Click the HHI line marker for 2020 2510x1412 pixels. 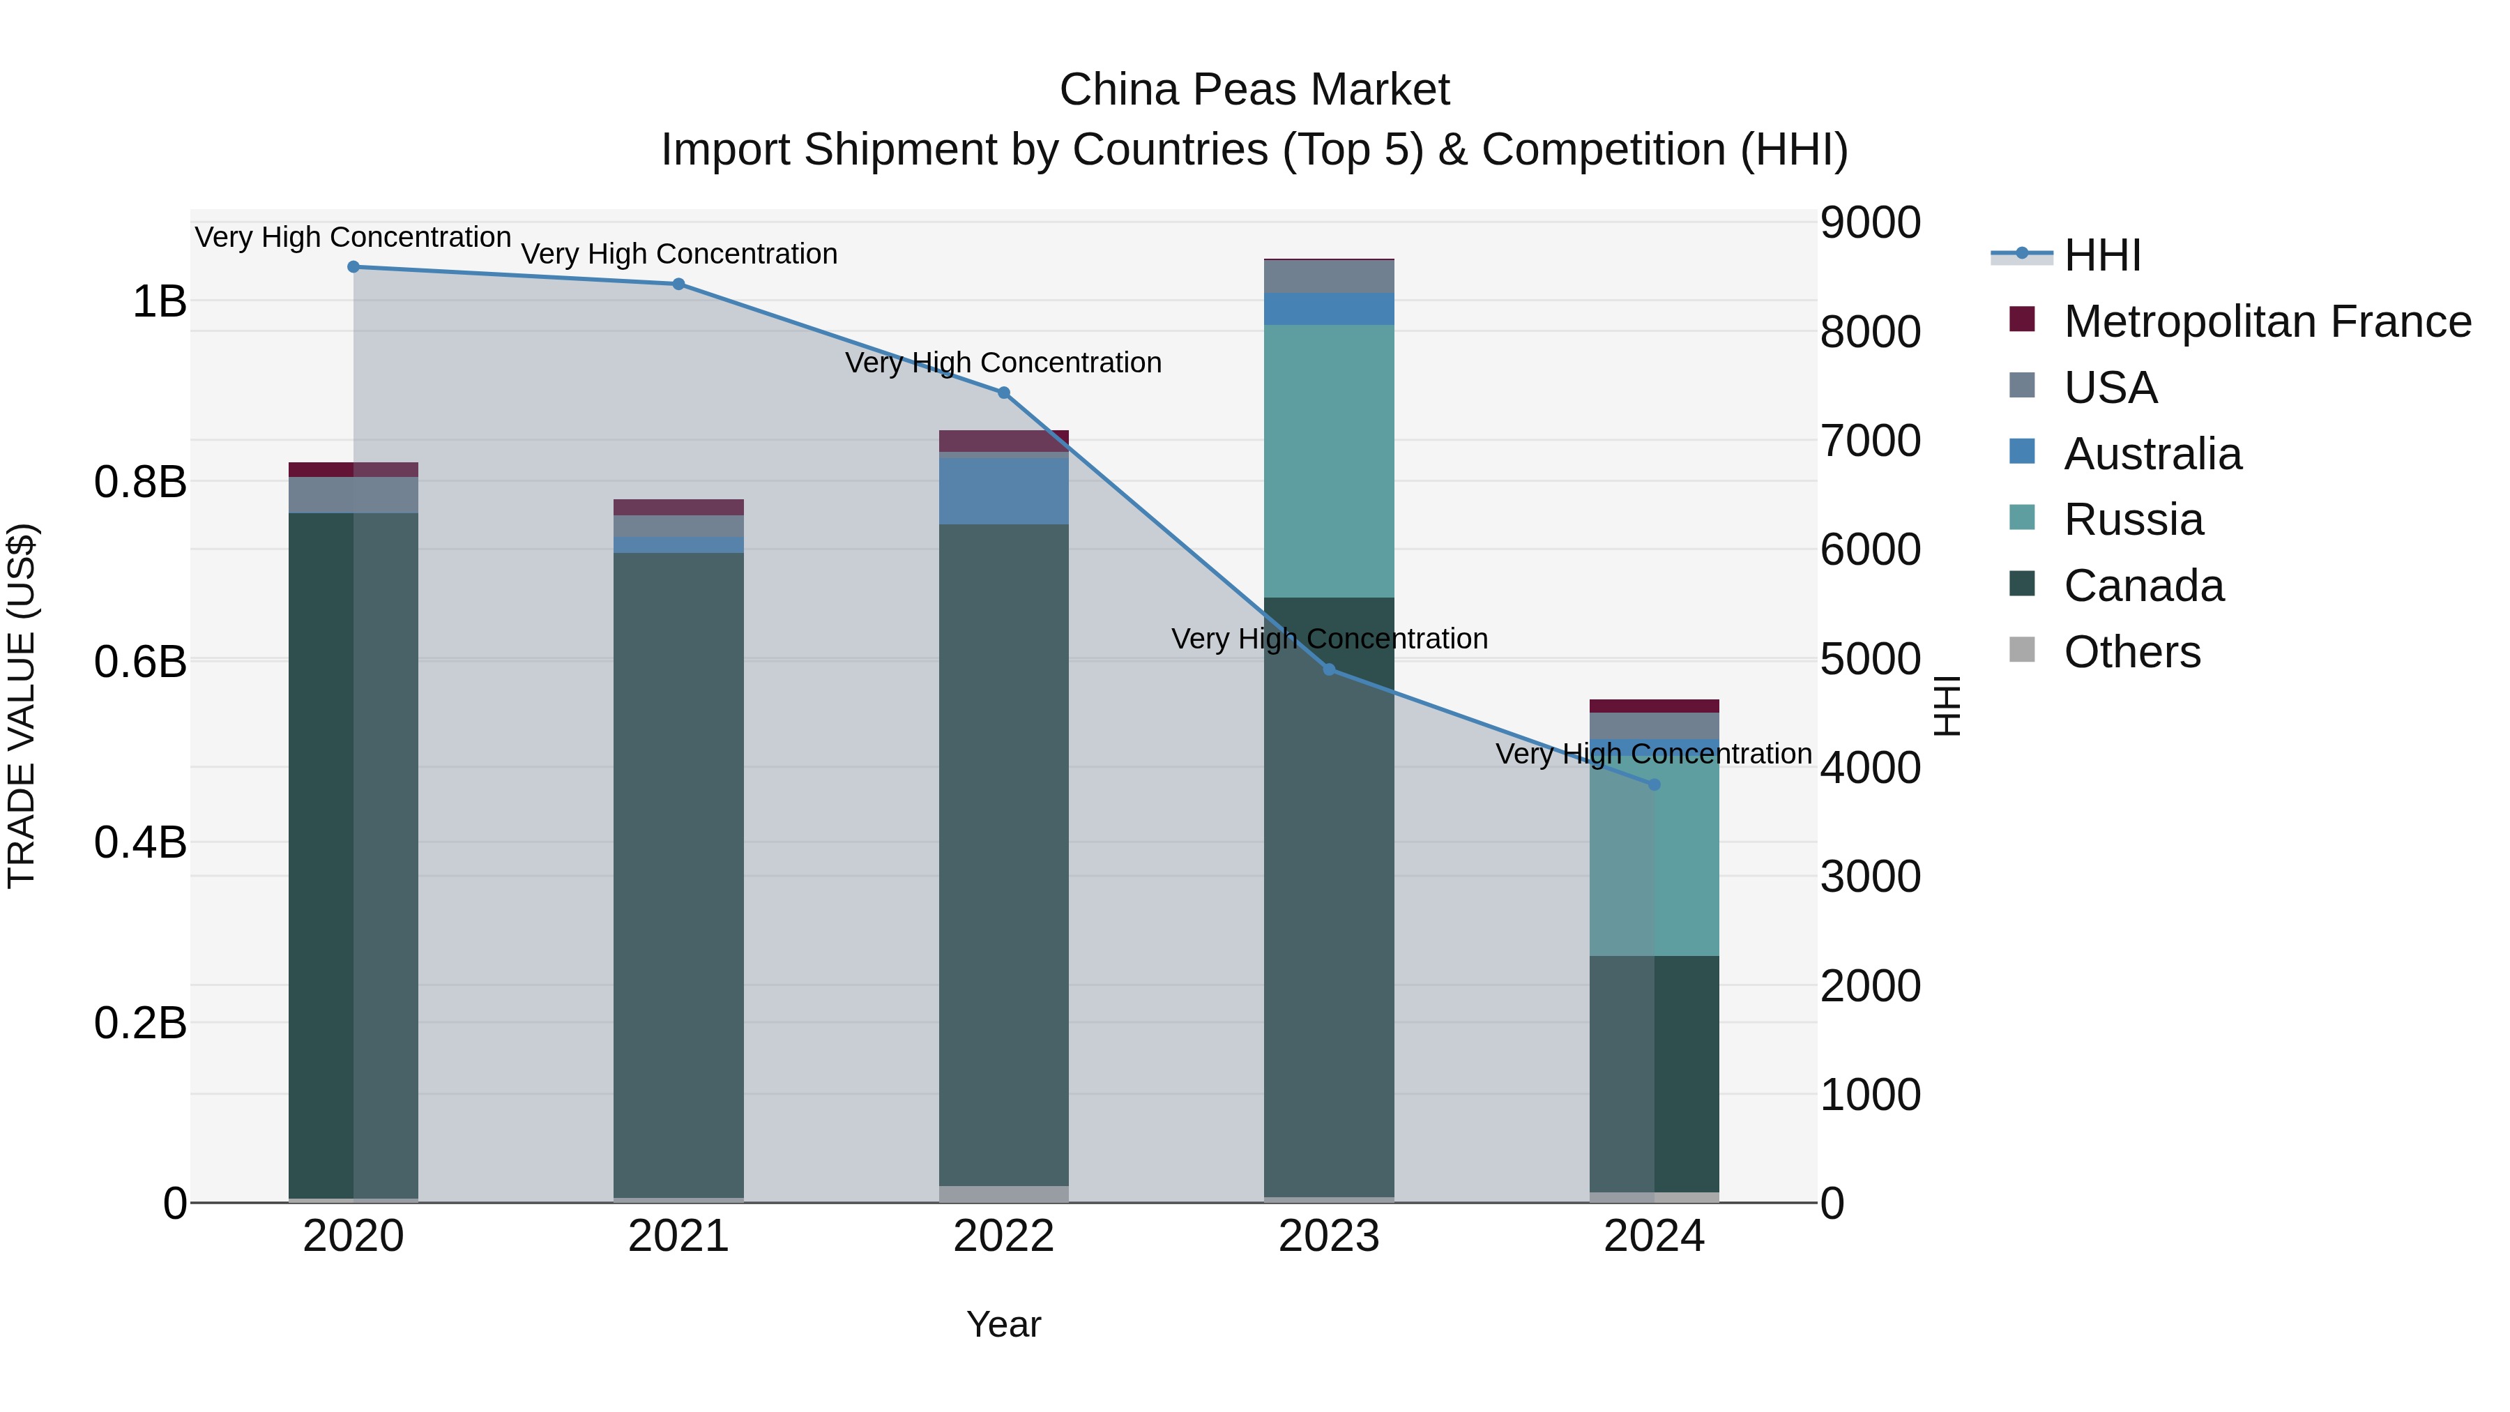[353, 267]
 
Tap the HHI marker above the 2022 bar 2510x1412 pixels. [1003, 393]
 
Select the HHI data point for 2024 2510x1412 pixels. [1654, 784]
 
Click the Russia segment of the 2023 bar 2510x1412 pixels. [1329, 460]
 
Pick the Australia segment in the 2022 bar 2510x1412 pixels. [1003, 490]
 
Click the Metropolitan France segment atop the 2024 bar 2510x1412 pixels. [1654, 706]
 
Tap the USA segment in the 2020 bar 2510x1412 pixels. [353, 494]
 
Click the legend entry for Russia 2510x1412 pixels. [2133, 519]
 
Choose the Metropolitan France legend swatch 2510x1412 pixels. [2023, 319]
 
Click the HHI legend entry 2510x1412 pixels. [2101, 255]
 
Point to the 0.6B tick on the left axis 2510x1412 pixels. [140, 662]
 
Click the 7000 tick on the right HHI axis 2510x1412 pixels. [1869, 441]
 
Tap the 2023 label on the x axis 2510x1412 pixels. [1329, 1236]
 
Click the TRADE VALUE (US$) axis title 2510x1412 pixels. [22, 706]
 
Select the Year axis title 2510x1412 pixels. [1003, 1324]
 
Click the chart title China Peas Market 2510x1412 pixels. [1254, 90]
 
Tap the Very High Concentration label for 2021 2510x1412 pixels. [679, 253]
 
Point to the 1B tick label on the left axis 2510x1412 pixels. [159, 301]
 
